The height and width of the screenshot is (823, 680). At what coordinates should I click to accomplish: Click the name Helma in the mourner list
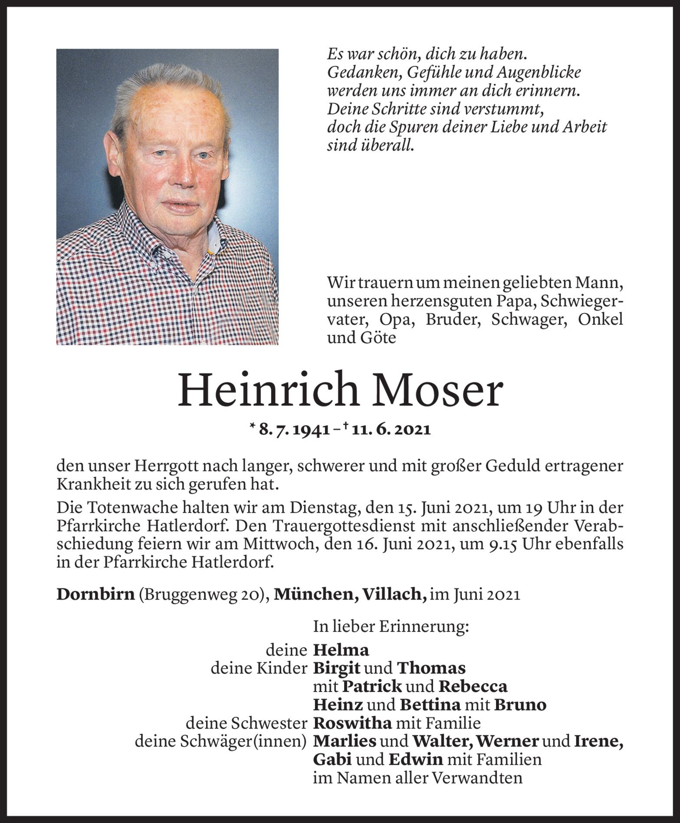pos(341,650)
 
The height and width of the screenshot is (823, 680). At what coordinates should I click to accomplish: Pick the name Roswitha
pos(352,723)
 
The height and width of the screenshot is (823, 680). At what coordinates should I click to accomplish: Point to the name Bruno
pos(520,704)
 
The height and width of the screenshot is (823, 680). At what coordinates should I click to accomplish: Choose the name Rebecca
pos(473,686)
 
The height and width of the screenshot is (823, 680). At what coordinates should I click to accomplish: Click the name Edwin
pos(416,760)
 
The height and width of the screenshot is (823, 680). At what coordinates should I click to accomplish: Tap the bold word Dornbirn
pos(95,594)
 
